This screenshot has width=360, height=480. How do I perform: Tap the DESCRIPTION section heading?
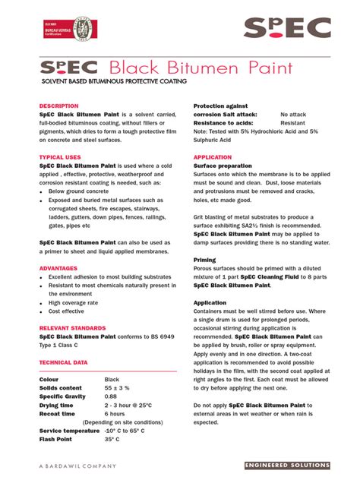[x=58, y=106]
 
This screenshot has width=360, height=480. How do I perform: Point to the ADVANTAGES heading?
[x=59, y=269]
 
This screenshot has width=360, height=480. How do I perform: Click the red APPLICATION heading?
[x=213, y=157]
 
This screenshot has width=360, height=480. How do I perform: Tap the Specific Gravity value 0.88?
[x=111, y=396]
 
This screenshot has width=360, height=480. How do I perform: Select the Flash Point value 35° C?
[x=112, y=439]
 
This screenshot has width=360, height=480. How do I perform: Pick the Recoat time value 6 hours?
[x=115, y=414]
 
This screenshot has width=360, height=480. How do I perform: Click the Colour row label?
[x=49, y=379]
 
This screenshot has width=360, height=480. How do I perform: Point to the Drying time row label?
[x=58, y=405]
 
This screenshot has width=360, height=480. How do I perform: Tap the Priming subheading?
[x=205, y=260]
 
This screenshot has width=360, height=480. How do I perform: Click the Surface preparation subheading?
[x=223, y=166]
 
